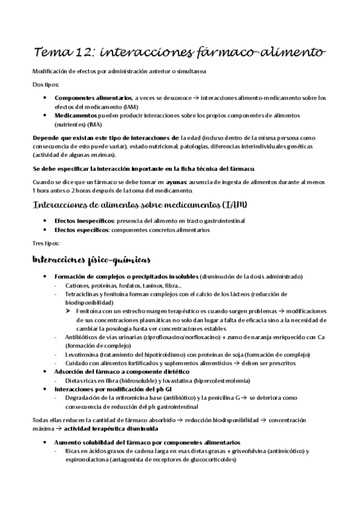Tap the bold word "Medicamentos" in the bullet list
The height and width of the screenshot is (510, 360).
[x=75, y=114]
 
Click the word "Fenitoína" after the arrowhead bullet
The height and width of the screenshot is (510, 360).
[x=96, y=311]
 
